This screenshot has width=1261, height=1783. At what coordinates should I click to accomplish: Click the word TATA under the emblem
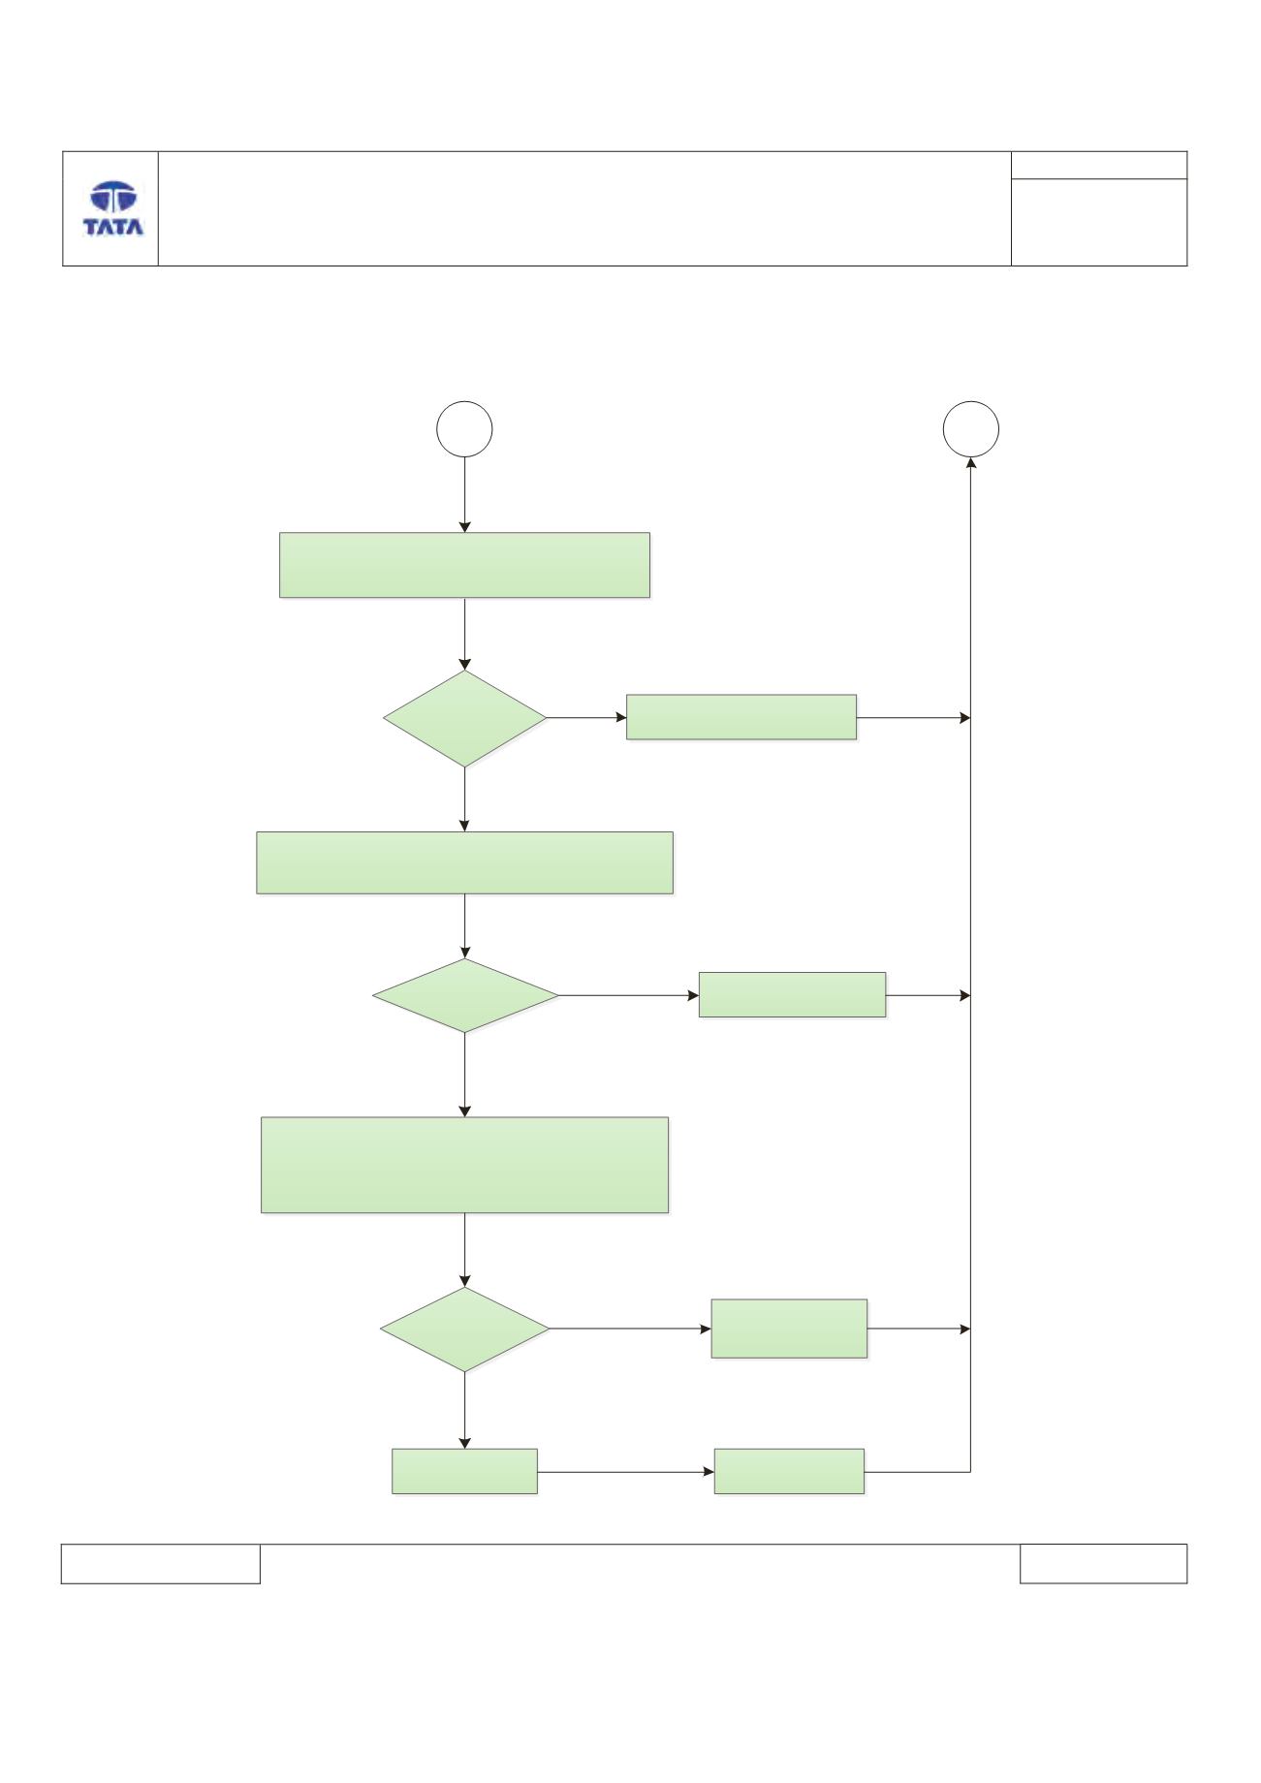[x=113, y=227]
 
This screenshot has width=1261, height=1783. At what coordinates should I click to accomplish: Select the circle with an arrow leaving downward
[x=465, y=429]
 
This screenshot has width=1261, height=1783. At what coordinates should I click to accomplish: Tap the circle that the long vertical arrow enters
[x=971, y=429]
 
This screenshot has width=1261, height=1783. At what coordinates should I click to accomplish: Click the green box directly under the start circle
[x=464, y=565]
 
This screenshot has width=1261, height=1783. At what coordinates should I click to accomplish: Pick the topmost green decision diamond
[x=465, y=719]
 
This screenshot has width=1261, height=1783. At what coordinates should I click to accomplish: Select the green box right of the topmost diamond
[x=741, y=717]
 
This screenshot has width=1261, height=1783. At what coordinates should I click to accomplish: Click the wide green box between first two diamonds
[x=464, y=862]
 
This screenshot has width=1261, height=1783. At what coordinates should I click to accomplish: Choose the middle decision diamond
[x=465, y=996]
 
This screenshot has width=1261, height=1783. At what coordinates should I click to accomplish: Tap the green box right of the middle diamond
[x=793, y=994]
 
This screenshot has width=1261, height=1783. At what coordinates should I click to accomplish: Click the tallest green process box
[x=465, y=1165]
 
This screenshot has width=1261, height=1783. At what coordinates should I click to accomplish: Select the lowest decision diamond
[x=465, y=1329]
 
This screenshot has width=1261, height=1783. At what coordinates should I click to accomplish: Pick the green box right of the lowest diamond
[x=789, y=1329]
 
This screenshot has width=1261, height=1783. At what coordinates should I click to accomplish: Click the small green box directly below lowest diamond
[x=464, y=1471]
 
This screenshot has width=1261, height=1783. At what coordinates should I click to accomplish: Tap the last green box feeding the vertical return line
[x=789, y=1471]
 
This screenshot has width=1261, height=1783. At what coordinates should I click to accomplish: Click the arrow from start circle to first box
[x=465, y=495]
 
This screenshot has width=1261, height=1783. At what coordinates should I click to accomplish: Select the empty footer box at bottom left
[x=161, y=1564]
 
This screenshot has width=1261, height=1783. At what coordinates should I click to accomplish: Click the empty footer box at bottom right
[x=1103, y=1564]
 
